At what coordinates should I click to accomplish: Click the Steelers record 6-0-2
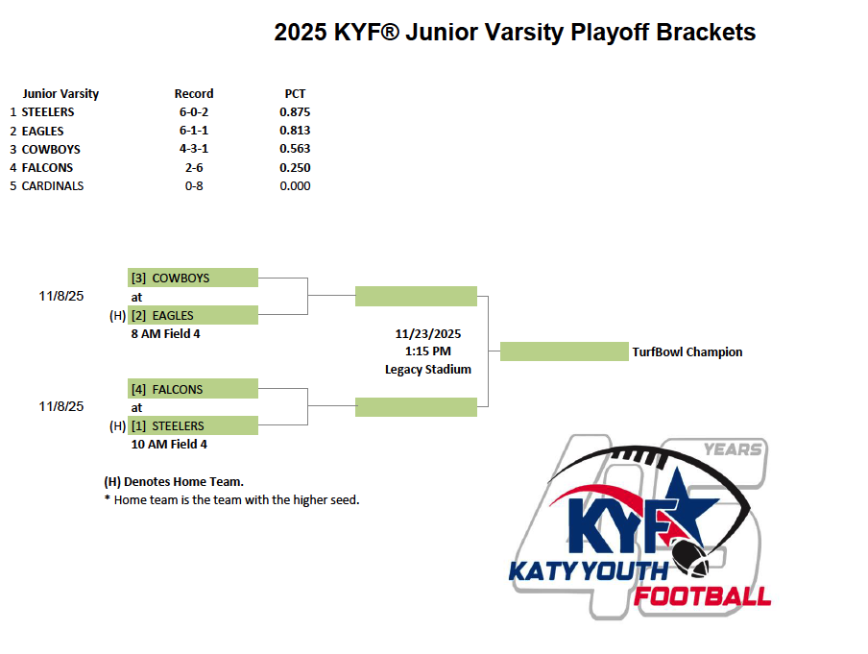click(194, 111)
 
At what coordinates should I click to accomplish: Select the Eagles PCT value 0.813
click(295, 131)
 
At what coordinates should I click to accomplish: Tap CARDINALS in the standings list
click(53, 186)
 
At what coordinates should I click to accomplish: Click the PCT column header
click(295, 93)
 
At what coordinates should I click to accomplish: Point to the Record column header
click(194, 93)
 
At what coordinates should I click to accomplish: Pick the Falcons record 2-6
click(194, 168)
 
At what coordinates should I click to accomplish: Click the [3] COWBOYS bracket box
click(193, 278)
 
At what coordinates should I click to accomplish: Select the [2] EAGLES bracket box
click(193, 315)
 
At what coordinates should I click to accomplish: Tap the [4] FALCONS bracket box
click(193, 389)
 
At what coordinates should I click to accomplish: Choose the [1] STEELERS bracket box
click(193, 425)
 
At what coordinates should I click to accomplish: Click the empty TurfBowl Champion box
click(564, 351)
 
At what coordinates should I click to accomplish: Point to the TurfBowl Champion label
click(687, 352)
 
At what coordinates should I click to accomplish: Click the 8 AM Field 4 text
click(165, 334)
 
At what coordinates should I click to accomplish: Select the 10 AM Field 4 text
click(169, 444)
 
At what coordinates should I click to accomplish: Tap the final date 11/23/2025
click(428, 334)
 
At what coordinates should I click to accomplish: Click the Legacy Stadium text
click(428, 370)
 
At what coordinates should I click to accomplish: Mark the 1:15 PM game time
click(428, 351)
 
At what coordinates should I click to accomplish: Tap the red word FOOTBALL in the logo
click(702, 597)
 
